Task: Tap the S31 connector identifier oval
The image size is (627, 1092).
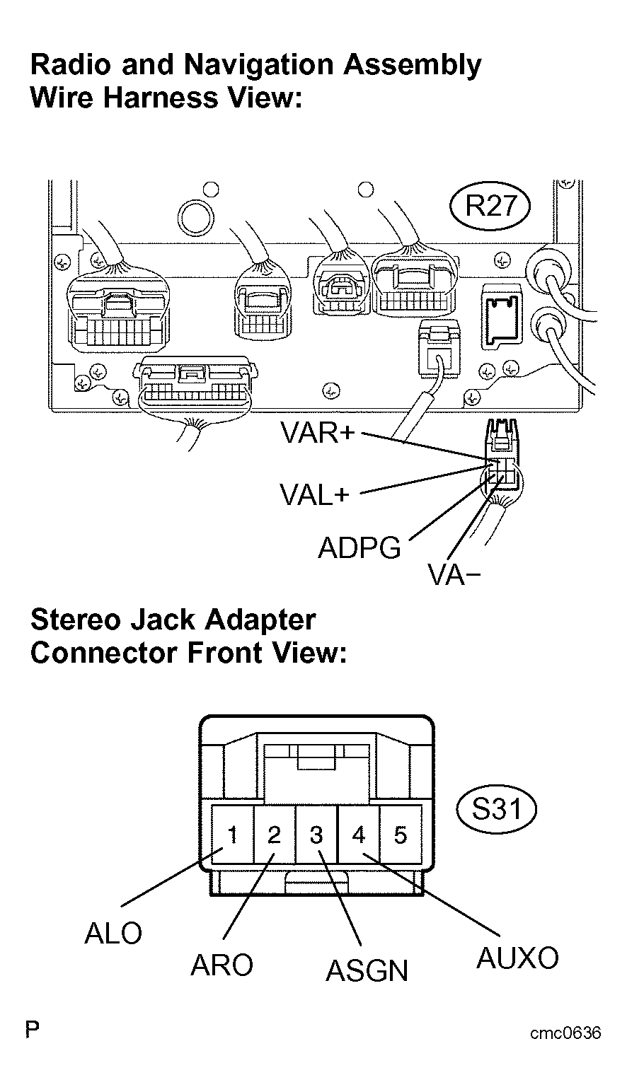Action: pyautogui.click(x=495, y=808)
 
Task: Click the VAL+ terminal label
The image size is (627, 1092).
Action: pyautogui.click(x=314, y=495)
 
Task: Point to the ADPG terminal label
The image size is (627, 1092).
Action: pyautogui.click(x=359, y=548)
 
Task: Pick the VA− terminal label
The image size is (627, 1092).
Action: pyautogui.click(x=454, y=576)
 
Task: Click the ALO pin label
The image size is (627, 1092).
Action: pyautogui.click(x=113, y=934)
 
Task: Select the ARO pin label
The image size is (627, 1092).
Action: pyautogui.click(x=222, y=965)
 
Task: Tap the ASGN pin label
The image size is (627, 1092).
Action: pyautogui.click(x=367, y=971)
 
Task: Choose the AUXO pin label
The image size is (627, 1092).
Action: pyautogui.click(x=517, y=958)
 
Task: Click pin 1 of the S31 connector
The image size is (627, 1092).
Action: pyautogui.click(x=231, y=835)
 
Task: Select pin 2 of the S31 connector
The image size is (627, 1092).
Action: pyautogui.click(x=274, y=835)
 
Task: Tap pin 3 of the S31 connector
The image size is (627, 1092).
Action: pyautogui.click(x=316, y=835)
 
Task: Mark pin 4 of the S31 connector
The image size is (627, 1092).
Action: pyautogui.click(x=359, y=835)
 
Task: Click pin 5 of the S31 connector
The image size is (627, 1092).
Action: pyautogui.click(x=401, y=835)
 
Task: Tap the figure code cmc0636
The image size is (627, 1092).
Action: pyautogui.click(x=565, y=1033)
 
